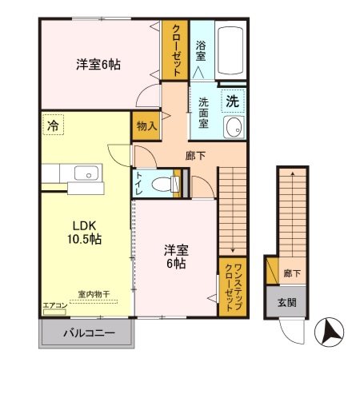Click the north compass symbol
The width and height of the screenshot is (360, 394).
click(329, 332)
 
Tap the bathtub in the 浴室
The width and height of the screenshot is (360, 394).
click(230, 50)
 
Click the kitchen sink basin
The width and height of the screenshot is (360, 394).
click(86, 173)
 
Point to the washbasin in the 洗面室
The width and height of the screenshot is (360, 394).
click(234, 128)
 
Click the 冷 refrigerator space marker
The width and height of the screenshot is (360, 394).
click(53, 125)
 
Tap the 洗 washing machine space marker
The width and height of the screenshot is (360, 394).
click(233, 101)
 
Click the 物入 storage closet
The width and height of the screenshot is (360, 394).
click(146, 125)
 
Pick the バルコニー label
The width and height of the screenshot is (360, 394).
click(89, 333)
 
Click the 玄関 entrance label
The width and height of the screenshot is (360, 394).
click(287, 303)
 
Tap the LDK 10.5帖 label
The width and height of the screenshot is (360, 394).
click(84, 233)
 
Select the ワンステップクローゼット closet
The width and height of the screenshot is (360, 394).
click(232, 287)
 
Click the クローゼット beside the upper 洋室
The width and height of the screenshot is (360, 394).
click(175, 50)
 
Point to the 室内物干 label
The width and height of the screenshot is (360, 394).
click(94, 294)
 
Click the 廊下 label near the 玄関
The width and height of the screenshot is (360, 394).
click(292, 273)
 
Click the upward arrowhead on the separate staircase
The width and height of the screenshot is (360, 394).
click(293, 173)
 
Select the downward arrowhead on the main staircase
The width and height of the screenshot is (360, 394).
click(233, 250)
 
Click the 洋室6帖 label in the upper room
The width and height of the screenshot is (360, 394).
click(98, 65)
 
